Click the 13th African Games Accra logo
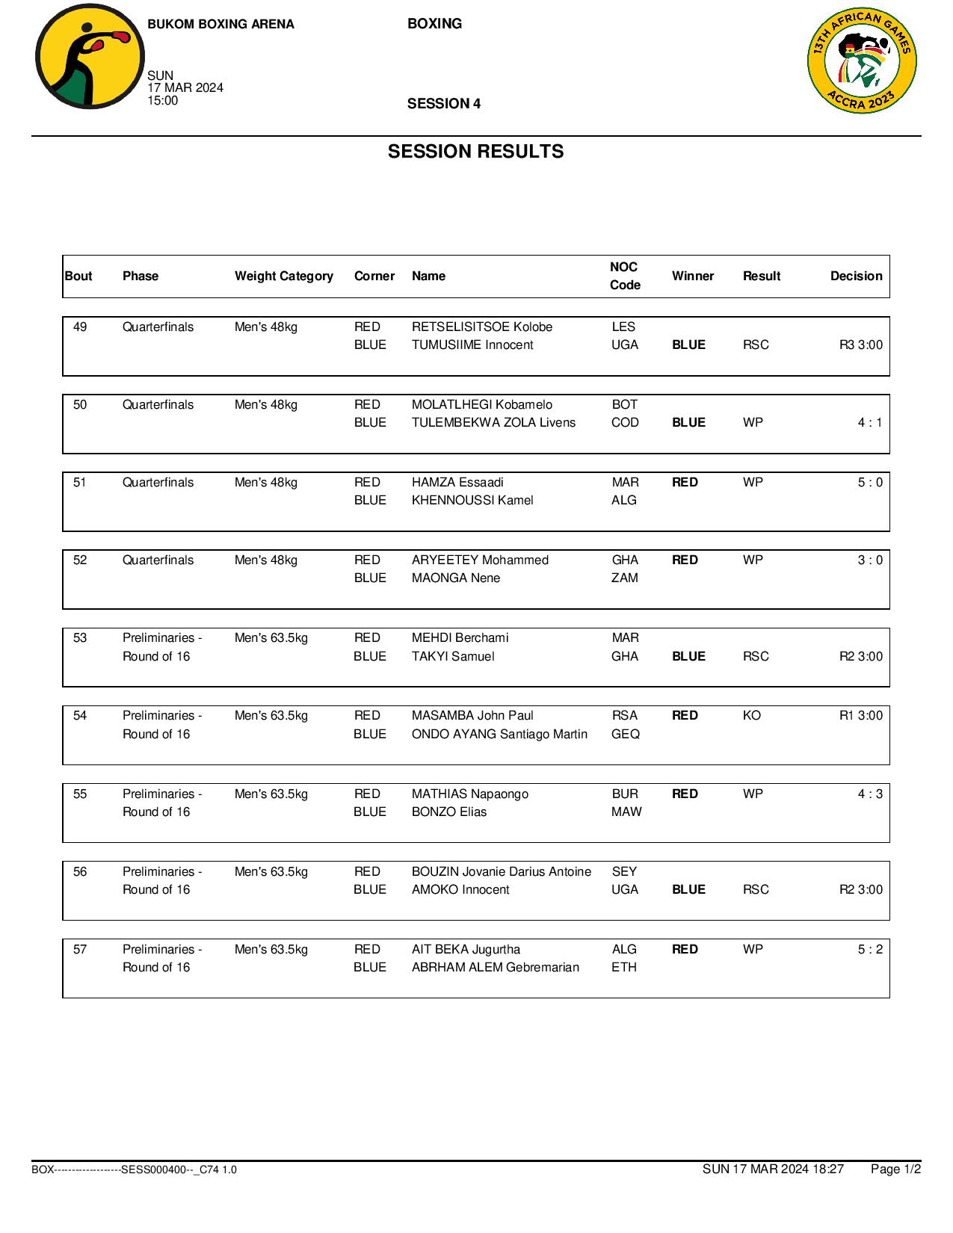coord(862,61)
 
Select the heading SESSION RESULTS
coord(475,152)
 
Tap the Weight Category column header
coord(283,276)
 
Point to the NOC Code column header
coord(624,276)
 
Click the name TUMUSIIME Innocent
coord(472,344)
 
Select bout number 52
coord(80,560)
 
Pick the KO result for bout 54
coord(751,715)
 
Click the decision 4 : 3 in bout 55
coord(869,794)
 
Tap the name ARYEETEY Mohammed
coord(480,560)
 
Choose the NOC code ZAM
coord(624,578)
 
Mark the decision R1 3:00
coord(860,715)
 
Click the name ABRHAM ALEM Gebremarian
coord(495,967)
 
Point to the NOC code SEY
coord(624,871)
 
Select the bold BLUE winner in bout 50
coord(688,422)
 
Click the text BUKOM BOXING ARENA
coord(220,24)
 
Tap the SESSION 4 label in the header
coord(443,104)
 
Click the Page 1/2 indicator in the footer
coord(895,1169)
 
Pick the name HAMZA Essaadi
coord(457,482)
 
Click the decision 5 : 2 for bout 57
coord(869,949)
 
